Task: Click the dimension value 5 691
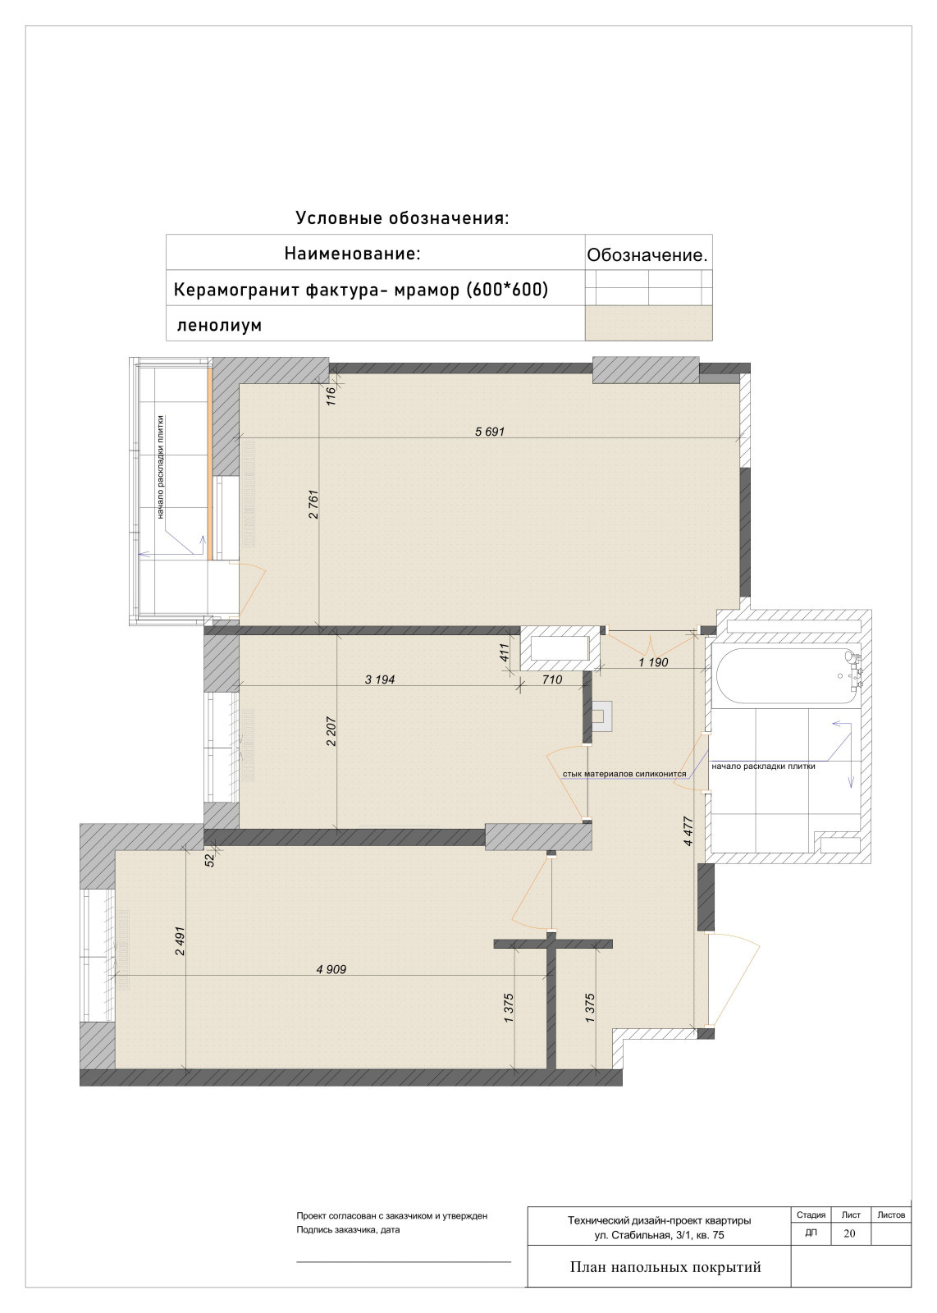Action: click(489, 432)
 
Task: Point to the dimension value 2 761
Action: click(313, 504)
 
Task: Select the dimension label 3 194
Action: click(380, 679)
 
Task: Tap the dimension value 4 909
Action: click(331, 969)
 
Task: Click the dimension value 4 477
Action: click(688, 831)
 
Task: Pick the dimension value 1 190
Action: click(653, 662)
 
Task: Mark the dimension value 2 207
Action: click(331, 731)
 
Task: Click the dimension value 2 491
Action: click(180, 940)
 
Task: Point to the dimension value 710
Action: click(552, 679)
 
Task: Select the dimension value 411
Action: click(505, 652)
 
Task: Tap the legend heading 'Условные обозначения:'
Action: click(402, 218)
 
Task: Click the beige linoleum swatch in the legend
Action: click(648, 323)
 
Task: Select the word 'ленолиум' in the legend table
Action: click(219, 325)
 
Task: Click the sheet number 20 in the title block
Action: click(849, 1233)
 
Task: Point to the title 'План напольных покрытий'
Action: click(665, 1267)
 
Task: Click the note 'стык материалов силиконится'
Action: click(624, 774)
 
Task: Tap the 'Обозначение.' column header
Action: click(647, 255)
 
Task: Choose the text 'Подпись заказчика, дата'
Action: click(348, 1230)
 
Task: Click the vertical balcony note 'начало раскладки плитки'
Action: click(160, 467)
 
